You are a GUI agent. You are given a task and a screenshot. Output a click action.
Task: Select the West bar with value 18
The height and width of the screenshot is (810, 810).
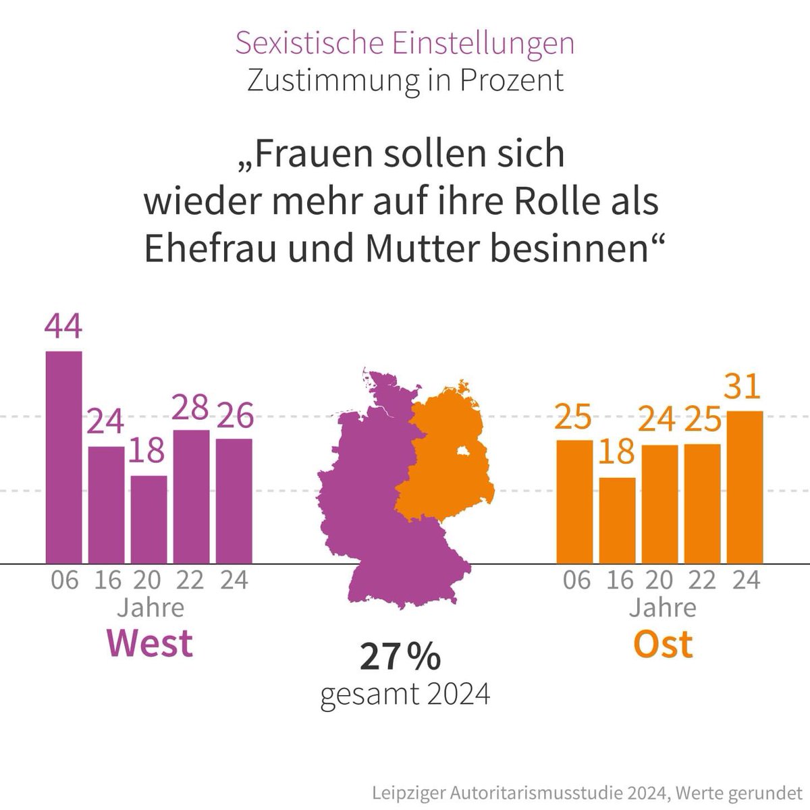(148, 519)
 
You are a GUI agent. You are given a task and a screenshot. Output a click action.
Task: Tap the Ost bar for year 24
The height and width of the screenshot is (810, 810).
(745, 487)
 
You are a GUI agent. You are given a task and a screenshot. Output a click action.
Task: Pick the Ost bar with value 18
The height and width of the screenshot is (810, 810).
(617, 520)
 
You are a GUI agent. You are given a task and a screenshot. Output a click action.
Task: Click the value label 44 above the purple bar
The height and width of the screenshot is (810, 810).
(63, 326)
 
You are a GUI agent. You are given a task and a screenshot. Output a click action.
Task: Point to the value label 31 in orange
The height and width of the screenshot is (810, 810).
(744, 386)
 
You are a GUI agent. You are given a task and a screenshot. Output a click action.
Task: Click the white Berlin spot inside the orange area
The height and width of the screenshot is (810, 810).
(464, 452)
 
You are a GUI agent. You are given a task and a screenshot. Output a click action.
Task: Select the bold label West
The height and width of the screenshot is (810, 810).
(150, 643)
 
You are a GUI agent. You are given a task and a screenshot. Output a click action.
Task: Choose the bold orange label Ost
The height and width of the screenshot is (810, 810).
(662, 643)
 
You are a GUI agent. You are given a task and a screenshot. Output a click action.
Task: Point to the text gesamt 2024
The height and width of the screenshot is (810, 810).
(405, 694)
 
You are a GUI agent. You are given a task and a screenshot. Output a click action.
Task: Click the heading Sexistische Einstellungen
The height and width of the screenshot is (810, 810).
(405, 43)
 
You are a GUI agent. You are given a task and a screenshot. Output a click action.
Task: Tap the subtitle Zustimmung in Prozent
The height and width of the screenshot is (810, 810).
(405, 80)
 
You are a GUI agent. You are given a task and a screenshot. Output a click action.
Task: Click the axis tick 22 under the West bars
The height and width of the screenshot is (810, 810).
(190, 580)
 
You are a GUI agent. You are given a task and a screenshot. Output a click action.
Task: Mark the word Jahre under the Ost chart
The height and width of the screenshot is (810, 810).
(662, 607)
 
